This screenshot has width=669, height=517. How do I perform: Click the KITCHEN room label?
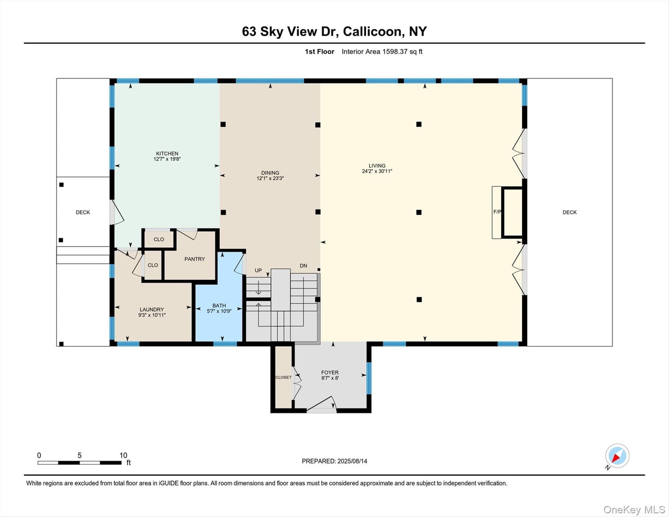pos(167,153)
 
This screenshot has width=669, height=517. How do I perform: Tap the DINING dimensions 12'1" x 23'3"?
pos(270,178)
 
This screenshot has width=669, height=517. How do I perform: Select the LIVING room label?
pos(377,166)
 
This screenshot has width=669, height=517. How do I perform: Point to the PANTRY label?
pos(195,259)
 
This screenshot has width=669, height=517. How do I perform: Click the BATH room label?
pos(219,306)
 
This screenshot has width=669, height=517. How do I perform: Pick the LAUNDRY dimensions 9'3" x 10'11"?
pos(152,315)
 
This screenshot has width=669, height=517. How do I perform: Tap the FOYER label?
pos(330,373)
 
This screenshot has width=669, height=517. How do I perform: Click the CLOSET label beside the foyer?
pos(283,377)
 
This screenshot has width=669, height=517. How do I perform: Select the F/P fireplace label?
pos(497,212)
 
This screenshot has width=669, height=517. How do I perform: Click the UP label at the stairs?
pos(258,270)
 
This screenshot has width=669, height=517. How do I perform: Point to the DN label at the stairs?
pos(303,266)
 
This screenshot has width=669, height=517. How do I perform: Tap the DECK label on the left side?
pos(83,212)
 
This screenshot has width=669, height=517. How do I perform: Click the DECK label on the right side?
pos(569,212)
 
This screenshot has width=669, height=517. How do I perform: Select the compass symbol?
pos(617,456)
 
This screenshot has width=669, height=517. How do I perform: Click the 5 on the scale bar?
pos(79,455)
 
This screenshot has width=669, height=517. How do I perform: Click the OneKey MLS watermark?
pos(634,510)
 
